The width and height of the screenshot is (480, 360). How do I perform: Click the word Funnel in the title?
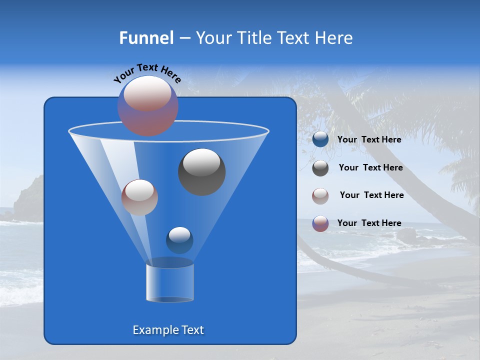pos(146,38)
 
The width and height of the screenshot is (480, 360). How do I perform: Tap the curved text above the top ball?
pos(147,73)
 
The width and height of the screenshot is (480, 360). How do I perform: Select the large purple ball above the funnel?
pos(148,105)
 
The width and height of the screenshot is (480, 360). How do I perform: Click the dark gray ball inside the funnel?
pos(202,172)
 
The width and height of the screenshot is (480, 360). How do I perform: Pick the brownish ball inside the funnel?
pos(139,197)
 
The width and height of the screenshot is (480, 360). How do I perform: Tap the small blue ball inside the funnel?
pos(179,240)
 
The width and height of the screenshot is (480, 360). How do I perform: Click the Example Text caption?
pos(168,330)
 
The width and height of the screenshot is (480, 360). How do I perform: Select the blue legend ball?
pos(320,139)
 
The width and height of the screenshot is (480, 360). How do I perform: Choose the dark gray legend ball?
pos(320,168)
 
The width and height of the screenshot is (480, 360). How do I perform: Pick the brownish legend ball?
pos(320,196)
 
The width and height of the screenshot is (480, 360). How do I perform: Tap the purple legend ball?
pos(320,223)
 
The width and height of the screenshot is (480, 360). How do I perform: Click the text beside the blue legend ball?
pos(369,140)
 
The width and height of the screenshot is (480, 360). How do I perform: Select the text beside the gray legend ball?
pos(370,168)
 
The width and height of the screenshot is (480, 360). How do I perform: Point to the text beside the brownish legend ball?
pos(371,195)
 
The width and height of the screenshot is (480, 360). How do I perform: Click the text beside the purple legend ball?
pos(369,223)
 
